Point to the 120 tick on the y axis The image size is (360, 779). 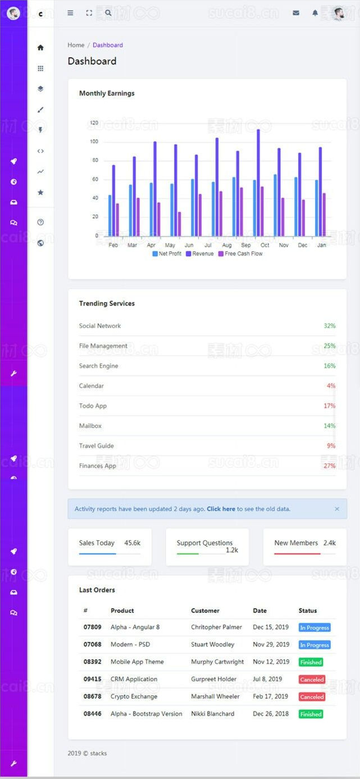[x=94, y=122]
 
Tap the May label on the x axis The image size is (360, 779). [x=170, y=245]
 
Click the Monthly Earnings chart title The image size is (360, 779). [x=107, y=93]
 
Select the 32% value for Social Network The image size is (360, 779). [x=329, y=326]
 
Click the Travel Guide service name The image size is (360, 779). [x=97, y=446]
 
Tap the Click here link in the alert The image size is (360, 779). [x=221, y=509]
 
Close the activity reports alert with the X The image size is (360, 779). [x=337, y=509]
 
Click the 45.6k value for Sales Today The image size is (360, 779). [x=132, y=543]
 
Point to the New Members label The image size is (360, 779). [x=296, y=543]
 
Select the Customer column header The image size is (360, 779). [x=205, y=611]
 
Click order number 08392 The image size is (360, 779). [x=93, y=662]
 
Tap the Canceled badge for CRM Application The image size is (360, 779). [x=312, y=680]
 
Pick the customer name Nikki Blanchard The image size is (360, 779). [x=212, y=714]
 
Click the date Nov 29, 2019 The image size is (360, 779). [x=271, y=645]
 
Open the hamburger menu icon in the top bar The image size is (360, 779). [x=70, y=13]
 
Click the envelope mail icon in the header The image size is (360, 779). [x=296, y=13]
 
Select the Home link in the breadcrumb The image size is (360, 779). [x=76, y=45]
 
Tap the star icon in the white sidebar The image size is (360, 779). [x=40, y=193]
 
